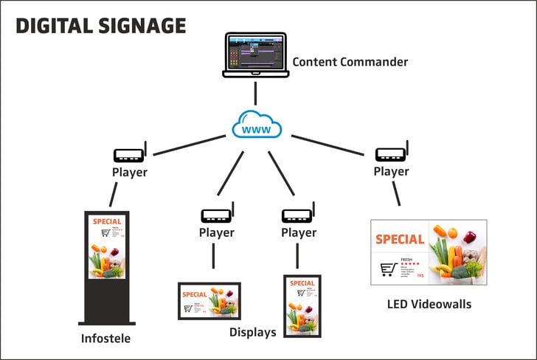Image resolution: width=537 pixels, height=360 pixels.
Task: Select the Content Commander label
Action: coord(350,61)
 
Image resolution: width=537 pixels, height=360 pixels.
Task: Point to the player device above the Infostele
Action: coord(129,155)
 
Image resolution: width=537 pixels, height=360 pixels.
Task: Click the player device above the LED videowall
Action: coord(391,153)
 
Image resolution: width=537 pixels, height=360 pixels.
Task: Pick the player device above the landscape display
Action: coord(216,215)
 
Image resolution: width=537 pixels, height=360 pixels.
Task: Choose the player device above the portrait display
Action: coord(299,215)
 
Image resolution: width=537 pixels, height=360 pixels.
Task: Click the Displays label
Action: coord(252,332)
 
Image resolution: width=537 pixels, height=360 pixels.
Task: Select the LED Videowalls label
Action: coord(429,304)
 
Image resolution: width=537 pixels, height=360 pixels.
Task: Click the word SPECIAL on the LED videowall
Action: coord(400,239)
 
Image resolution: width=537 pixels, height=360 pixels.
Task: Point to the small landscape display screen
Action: coord(209,300)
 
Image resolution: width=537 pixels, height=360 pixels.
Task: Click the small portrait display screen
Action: coord(302,305)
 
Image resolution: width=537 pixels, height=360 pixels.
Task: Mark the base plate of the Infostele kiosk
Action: coord(107,322)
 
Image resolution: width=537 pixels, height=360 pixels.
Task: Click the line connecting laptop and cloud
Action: coord(255,93)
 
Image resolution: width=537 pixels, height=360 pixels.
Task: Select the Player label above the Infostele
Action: coord(129,173)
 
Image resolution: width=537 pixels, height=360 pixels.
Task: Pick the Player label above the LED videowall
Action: coord(391,171)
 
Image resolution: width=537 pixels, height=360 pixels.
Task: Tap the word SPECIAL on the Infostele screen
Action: coord(108,220)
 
